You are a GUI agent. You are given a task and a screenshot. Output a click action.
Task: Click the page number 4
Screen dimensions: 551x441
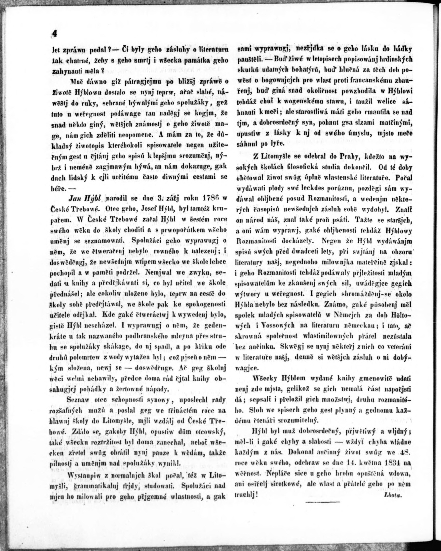(x=54, y=34)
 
